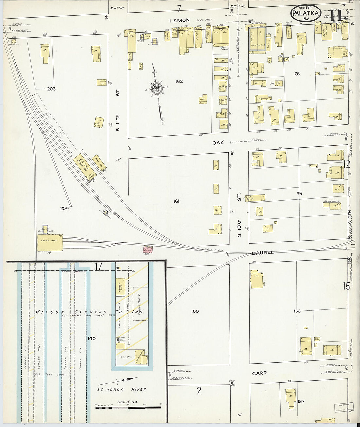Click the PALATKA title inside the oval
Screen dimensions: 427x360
point(305,14)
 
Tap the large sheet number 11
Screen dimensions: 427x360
point(336,15)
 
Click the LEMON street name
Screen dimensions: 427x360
point(179,20)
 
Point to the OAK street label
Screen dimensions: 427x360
point(218,143)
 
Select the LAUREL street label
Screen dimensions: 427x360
point(263,253)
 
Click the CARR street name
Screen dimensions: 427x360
point(260,373)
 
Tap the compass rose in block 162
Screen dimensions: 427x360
point(157,89)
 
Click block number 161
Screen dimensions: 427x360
point(176,201)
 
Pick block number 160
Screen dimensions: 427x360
point(195,311)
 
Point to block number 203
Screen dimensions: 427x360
point(51,89)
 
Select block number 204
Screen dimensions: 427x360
point(64,208)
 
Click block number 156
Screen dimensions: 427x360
point(297,311)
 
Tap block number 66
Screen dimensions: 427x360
point(297,74)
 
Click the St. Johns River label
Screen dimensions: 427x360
point(121,389)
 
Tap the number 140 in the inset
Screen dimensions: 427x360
point(92,338)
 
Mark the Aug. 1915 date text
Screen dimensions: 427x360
point(305,8)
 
